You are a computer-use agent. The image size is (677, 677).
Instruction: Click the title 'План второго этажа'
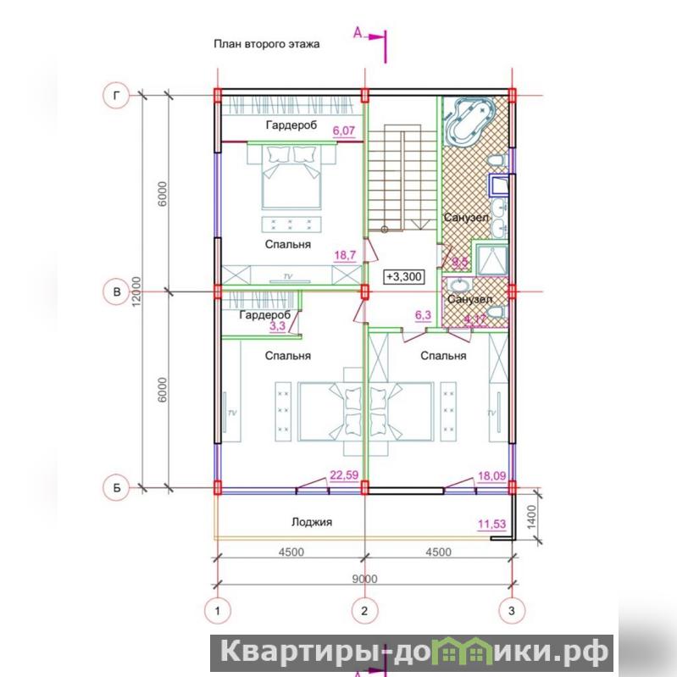click(266, 44)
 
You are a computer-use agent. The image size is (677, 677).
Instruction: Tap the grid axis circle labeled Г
click(116, 95)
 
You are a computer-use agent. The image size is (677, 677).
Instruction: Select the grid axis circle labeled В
click(116, 291)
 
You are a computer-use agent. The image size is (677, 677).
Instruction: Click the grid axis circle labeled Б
click(116, 488)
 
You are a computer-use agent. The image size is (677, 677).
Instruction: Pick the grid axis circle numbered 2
click(364, 611)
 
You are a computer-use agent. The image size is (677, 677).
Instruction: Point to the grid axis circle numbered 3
click(512, 611)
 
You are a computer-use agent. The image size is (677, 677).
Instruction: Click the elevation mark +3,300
click(403, 276)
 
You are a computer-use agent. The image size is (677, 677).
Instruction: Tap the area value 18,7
click(345, 255)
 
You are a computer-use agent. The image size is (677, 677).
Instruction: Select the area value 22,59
click(344, 475)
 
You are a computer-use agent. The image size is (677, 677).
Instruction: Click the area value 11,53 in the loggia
click(491, 524)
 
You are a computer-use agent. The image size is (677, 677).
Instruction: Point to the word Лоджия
click(312, 522)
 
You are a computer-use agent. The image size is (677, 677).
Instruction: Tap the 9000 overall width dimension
click(364, 579)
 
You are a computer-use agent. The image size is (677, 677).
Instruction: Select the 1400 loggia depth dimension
click(531, 517)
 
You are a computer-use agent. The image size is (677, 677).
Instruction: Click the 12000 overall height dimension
click(136, 291)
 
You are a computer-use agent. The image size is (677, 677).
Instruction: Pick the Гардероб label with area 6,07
click(291, 125)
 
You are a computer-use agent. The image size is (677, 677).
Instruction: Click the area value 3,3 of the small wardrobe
click(277, 326)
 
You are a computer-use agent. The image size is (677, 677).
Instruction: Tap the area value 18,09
click(491, 476)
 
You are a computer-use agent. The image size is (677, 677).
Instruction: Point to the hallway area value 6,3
click(423, 315)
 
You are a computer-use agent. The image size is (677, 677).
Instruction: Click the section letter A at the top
click(358, 32)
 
